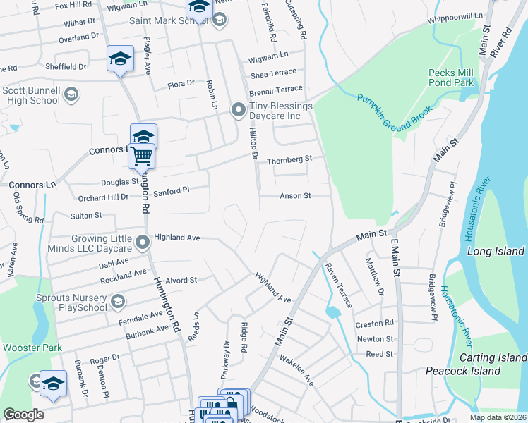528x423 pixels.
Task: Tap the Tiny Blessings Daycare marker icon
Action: tap(239, 109)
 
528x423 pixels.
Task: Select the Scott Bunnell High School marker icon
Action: tap(71, 94)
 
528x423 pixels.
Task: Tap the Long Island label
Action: tap(496, 252)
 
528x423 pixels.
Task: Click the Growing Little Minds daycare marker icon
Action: tap(143, 243)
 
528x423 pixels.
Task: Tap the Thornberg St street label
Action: tap(289, 160)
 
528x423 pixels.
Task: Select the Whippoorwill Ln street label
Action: tap(460, 16)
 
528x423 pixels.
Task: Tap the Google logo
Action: tap(23, 415)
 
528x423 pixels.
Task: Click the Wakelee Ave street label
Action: tap(300, 369)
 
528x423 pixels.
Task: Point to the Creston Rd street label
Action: tap(375, 323)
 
